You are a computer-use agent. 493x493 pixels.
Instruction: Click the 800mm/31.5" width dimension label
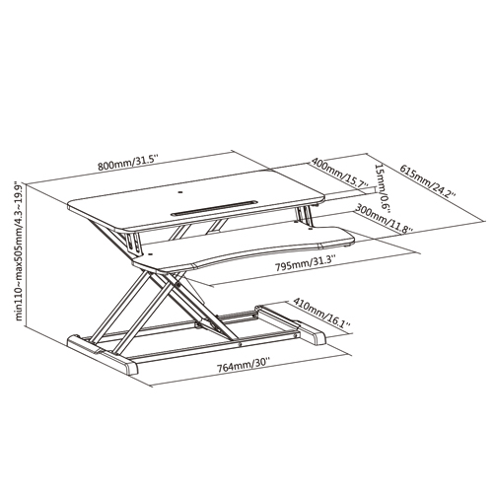coord(128,163)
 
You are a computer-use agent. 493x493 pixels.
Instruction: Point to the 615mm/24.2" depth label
coord(427,181)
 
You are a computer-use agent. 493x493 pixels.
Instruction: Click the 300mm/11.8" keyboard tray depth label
coord(385,219)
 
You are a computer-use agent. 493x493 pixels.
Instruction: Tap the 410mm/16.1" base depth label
coord(321,314)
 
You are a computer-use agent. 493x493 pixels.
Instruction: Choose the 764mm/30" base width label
coord(243,366)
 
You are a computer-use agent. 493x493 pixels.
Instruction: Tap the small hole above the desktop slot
coord(179,192)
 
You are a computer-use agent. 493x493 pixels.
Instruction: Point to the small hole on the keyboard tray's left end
coord(150,253)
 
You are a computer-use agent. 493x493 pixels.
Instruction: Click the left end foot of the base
coord(103,354)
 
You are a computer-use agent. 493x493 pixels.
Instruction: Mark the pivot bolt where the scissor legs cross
coord(178,285)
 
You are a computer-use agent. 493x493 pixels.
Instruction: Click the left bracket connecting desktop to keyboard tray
coord(133,244)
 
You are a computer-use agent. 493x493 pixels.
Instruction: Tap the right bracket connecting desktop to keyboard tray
coord(304,215)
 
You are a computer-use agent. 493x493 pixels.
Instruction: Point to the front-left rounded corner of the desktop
coord(71,208)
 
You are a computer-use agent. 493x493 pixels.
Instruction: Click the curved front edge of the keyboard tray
coord(244,256)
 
